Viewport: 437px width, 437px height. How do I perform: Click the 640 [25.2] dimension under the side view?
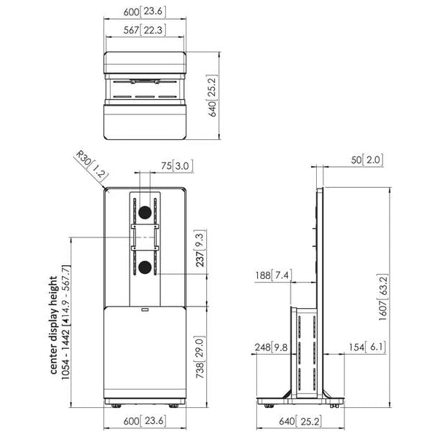pyautogui.click(x=299, y=420)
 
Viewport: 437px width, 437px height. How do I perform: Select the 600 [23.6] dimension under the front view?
pyautogui.click(x=143, y=420)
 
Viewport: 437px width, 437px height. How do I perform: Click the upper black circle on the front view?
pyautogui.click(x=144, y=211)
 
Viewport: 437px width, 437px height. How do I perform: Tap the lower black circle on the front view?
pyautogui.click(x=144, y=267)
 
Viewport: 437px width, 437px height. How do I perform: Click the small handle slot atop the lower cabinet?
pyautogui.click(x=144, y=310)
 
